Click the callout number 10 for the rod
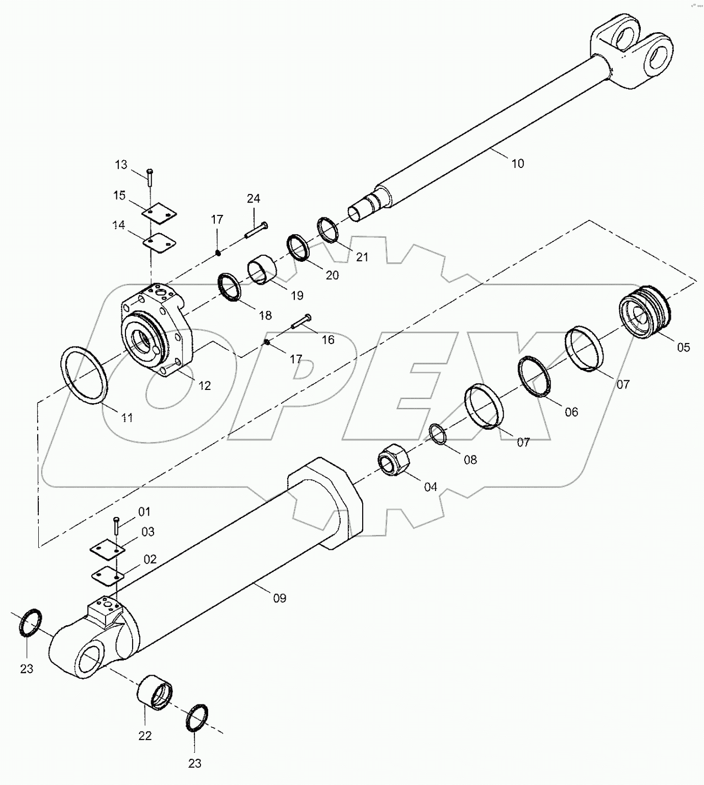coord(517,164)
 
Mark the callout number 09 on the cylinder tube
coord(280,598)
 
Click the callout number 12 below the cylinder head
coord(204,386)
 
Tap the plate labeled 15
coord(159,214)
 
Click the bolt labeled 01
coord(117,526)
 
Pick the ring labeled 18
coord(230,287)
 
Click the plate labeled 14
coord(159,242)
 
